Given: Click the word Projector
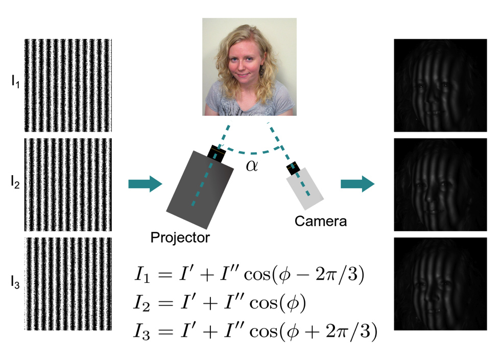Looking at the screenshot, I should coord(180,237).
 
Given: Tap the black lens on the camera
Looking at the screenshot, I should coord(293,168).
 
